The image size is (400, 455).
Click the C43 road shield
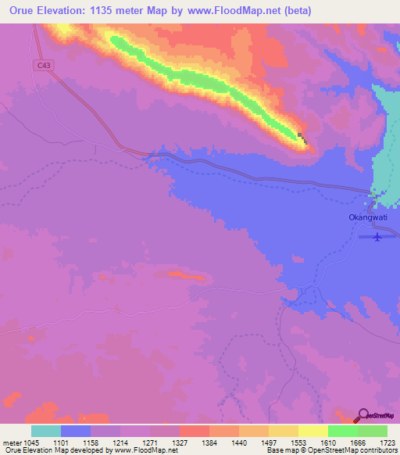point(44,68)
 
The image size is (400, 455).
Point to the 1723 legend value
point(387,442)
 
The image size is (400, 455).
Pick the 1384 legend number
point(209,442)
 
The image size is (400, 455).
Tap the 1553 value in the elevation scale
point(298,442)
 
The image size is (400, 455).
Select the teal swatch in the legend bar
point(46,431)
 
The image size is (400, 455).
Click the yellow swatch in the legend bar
point(312,431)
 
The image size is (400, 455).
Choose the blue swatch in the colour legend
point(76,431)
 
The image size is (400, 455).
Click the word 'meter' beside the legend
point(14,442)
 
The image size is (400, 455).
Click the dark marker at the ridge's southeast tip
point(302,139)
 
